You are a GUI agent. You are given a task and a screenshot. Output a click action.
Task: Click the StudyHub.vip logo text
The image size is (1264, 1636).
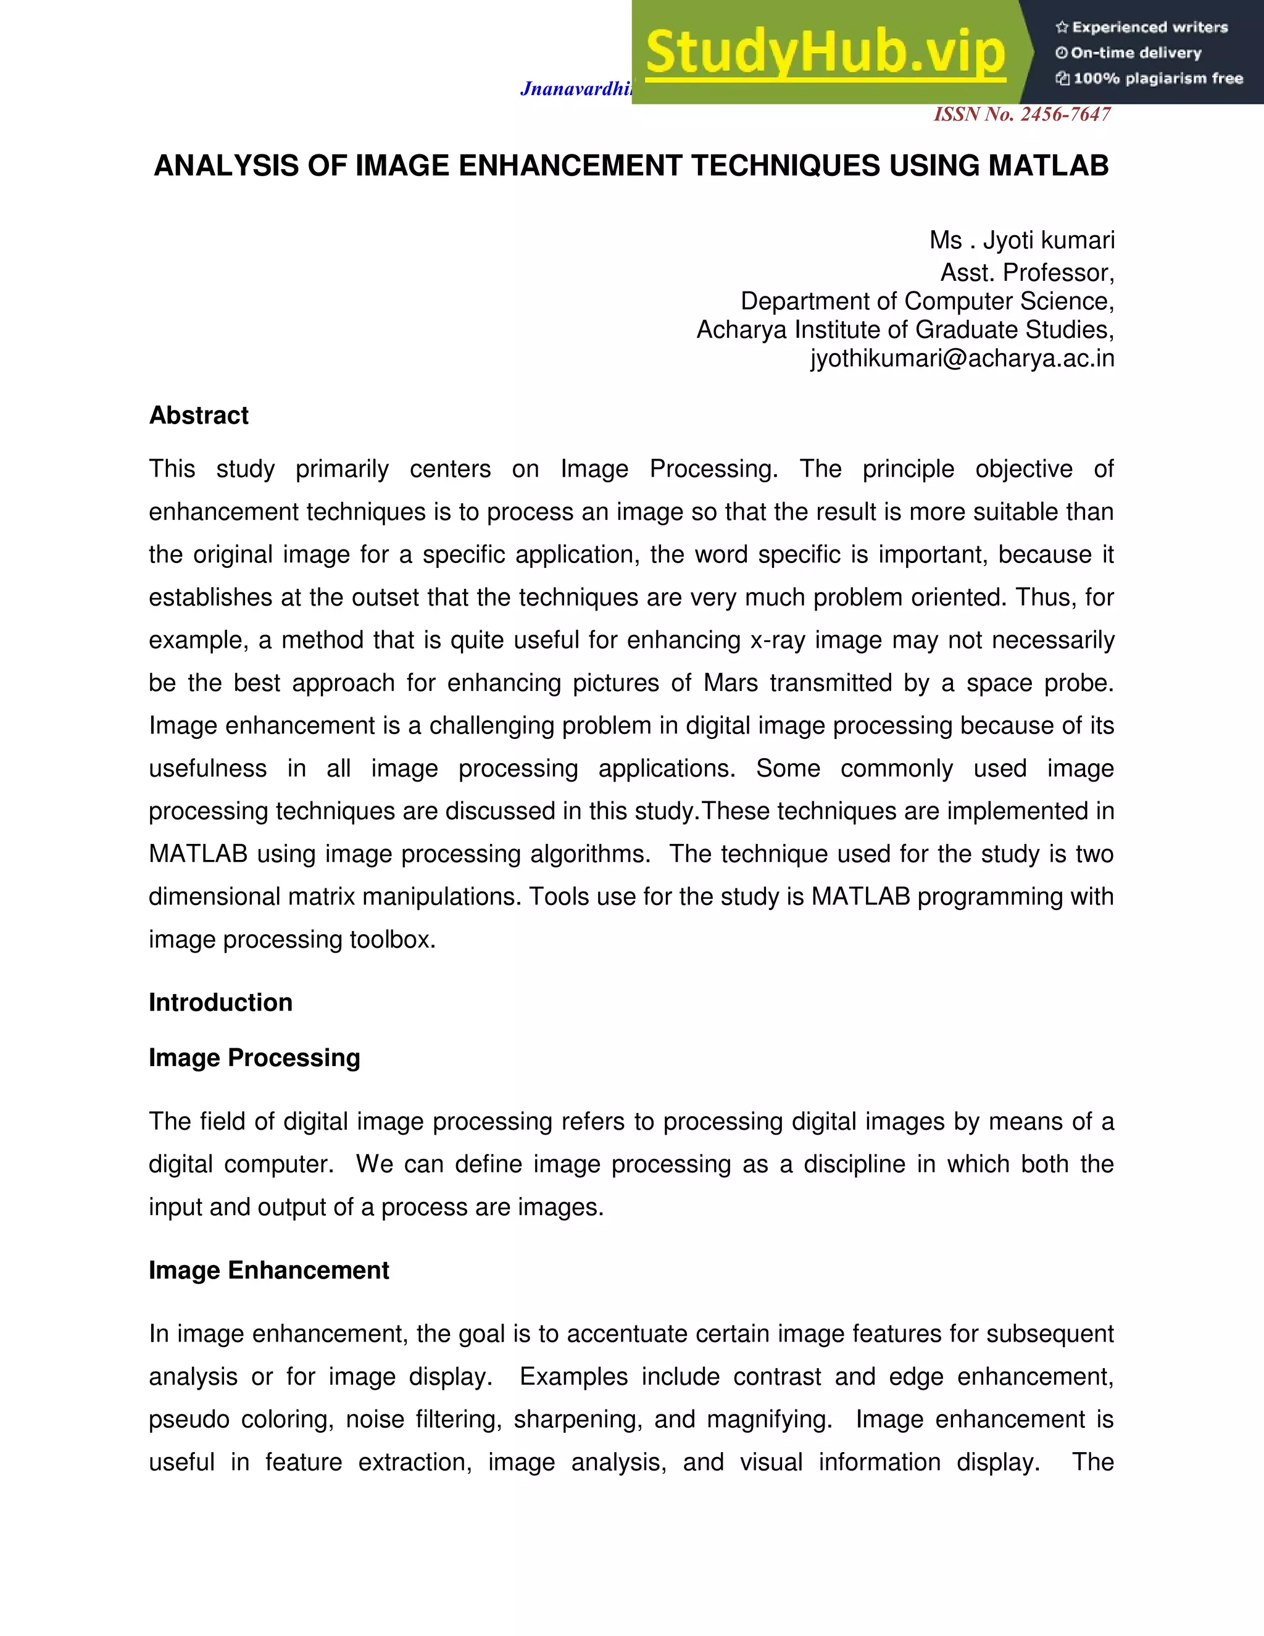[x=825, y=52]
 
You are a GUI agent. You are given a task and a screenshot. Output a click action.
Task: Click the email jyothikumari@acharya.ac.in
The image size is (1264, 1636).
[x=962, y=359]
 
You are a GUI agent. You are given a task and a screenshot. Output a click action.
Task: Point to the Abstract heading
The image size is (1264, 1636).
[x=199, y=415]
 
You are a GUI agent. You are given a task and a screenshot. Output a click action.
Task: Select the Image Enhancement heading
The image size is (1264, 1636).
[x=269, y=1271]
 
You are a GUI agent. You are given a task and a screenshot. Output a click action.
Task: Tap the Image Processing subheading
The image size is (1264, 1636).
[x=254, y=1058]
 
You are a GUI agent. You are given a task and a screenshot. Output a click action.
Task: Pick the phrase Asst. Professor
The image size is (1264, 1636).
[x=1026, y=273]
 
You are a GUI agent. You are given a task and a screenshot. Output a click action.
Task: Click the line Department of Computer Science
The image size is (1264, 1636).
[x=927, y=301]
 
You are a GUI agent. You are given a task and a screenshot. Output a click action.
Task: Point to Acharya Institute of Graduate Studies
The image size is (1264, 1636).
[x=905, y=330]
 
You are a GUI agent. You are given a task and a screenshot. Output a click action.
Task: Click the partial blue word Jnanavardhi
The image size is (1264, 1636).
[x=575, y=89]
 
